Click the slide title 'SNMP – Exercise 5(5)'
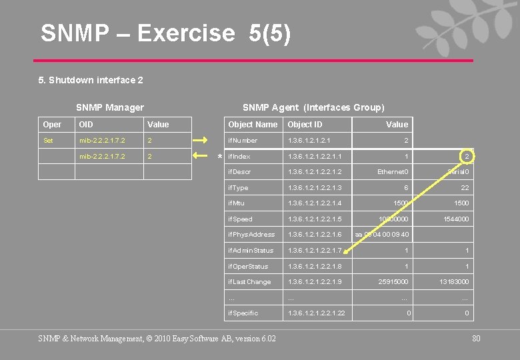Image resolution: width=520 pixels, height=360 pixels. (x=165, y=33)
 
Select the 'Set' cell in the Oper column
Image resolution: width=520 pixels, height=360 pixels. (x=48, y=141)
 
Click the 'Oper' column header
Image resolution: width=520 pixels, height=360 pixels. (x=52, y=125)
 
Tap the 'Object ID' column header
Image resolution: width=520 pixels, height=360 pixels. (x=305, y=125)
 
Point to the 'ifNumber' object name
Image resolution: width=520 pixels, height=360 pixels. (x=243, y=141)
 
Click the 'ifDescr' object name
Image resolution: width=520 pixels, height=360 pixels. (x=239, y=172)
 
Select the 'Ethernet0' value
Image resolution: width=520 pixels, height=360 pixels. (x=393, y=172)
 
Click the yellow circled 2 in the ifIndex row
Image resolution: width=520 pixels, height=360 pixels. (x=467, y=156)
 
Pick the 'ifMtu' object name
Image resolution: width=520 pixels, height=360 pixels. (x=237, y=203)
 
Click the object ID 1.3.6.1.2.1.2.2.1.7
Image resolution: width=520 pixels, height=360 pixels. (x=315, y=251)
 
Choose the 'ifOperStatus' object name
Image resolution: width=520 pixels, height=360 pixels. (x=248, y=267)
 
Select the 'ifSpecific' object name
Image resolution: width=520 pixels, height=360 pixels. (x=243, y=313)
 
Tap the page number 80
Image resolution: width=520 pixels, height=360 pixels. (x=476, y=339)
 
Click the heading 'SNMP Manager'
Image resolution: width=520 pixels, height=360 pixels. (x=110, y=107)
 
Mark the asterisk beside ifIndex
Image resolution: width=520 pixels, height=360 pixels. (x=221, y=158)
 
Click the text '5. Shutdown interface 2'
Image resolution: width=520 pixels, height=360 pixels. (x=91, y=80)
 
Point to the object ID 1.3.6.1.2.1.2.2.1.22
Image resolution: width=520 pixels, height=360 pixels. (x=317, y=313)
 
